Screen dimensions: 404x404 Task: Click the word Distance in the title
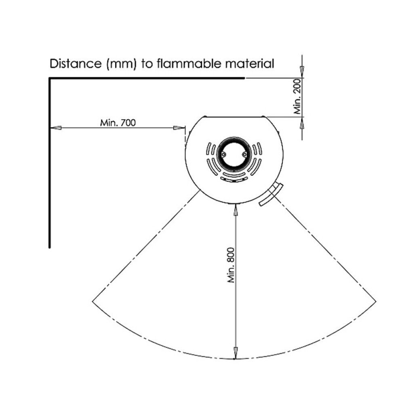[76, 64]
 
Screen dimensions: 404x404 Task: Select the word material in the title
[250, 63]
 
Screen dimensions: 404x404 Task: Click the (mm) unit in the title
[121, 64]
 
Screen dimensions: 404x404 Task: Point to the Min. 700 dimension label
[118, 123]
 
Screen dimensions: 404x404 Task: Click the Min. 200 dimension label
[297, 97]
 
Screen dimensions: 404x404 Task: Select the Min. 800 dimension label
[231, 265]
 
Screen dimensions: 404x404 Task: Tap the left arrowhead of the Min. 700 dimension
[56, 128]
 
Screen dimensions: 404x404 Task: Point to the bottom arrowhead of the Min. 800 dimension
[235, 352]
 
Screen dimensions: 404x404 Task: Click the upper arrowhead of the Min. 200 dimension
[303, 72]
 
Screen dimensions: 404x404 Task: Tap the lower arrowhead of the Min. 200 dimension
[303, 123]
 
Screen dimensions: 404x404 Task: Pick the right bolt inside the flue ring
[244, 154]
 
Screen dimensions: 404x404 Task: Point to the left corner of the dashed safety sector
[92, 301]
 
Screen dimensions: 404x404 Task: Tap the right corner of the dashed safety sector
[376, 301]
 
